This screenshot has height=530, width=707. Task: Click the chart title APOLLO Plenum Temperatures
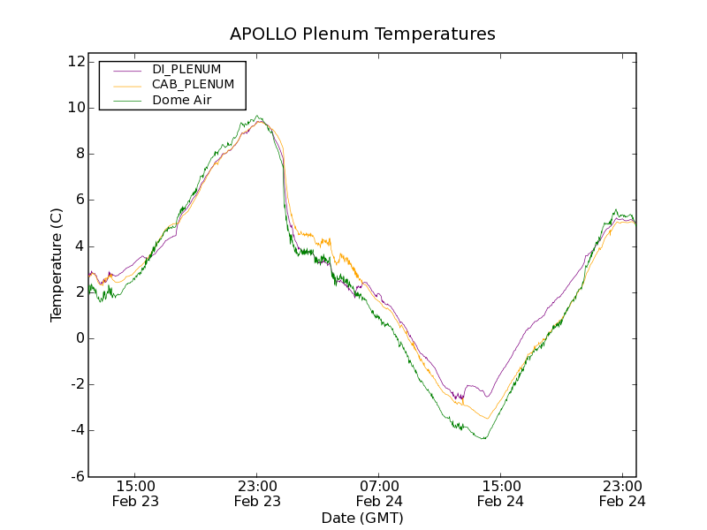[x=362, y=34]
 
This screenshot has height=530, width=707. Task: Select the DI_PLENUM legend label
[x=186, y=69]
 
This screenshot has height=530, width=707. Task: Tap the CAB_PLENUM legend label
[x=193, y=85]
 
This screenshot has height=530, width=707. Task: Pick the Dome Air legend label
[x=181, y=100]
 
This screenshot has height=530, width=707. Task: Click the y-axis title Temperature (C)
[x=57, y=265]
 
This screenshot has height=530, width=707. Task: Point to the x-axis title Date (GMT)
[x=362, y=518]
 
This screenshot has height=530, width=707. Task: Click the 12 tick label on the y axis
[x=75, y=62]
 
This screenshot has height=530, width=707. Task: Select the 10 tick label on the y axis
[x=75, y=108]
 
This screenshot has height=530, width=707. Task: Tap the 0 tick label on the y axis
[x=80, y=338]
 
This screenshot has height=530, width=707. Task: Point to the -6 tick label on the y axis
[x=76, y=477]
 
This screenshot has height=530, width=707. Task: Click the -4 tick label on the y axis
[x=76, y=430]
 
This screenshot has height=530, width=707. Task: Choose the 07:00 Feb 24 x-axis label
[x=378, y=493]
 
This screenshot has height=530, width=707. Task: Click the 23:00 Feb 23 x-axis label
[x=257, y=493]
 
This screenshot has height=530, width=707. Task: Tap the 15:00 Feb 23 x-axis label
[x=136, y=493]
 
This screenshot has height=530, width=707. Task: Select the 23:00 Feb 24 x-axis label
[x=621, y=493]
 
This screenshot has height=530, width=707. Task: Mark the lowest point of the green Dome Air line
[x=483, y=439]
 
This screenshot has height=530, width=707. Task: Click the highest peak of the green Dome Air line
[x=257, y=116]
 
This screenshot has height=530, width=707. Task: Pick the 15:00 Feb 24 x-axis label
[x=500, y=493]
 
